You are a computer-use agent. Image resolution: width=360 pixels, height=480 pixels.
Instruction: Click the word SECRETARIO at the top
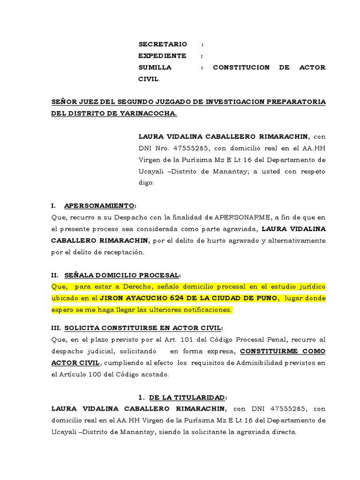(162, 44)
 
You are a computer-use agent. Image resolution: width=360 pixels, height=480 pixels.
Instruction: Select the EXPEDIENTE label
(162, 56)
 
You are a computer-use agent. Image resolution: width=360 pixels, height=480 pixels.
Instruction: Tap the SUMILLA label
(155, 67)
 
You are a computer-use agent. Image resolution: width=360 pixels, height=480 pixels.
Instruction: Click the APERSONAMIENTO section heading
(99, 206)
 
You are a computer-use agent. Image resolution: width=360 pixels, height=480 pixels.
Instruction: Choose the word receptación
(124, 252)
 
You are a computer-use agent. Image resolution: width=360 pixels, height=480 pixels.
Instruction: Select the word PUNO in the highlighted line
(266, 299)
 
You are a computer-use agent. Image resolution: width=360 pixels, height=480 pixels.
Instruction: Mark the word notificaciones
(205, 310)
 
